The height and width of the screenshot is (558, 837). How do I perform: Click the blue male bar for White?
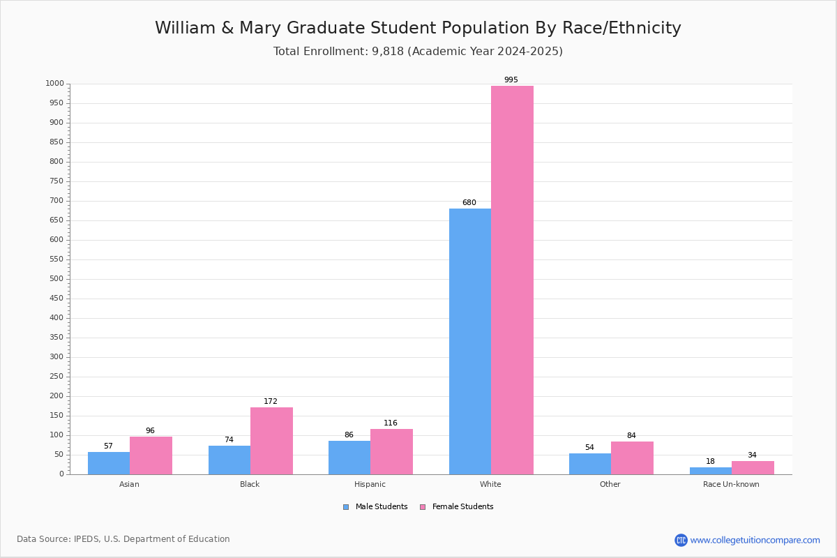point(469,341)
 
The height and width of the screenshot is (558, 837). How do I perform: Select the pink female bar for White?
point(512,280)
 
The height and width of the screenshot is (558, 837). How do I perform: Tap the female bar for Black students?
point(271,440)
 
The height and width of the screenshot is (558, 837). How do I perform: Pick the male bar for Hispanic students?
point(349,458)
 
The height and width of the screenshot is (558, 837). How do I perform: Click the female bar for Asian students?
point(151,455)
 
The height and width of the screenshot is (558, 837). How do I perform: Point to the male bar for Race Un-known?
point(710,471)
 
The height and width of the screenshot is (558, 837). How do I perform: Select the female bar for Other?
point(632,458)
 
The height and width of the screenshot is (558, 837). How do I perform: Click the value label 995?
point(511,80)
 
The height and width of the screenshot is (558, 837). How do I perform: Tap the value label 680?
point(469,203)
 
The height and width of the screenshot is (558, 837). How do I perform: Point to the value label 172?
point(271,402)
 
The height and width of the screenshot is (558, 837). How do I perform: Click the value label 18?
point(710,462)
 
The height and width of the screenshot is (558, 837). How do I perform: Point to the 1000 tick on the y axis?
point(54,84)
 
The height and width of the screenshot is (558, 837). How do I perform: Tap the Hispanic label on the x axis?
point(370,484)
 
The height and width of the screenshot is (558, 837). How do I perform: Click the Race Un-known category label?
point(731,484)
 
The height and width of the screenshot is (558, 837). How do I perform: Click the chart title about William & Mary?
point(418,28)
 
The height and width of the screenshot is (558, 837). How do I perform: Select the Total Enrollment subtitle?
point(418,52)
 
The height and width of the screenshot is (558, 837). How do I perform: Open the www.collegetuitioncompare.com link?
point(755,540)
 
